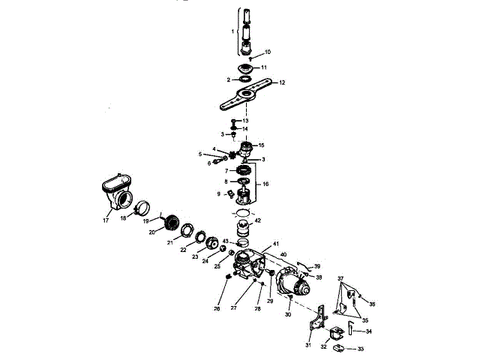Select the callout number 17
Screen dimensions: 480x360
(x=106, y=220)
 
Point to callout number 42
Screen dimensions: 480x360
(x=258, y=220)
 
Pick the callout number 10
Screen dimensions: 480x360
(x=267, y=52)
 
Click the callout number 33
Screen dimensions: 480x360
(x=361, y=349)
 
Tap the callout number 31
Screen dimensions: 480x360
(x=308, y=345)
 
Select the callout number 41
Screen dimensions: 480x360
(x=276, y=245)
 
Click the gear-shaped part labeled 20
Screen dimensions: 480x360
(x=172, y=222)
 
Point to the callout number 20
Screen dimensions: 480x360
(x=151, y=232)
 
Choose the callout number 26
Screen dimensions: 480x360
(x=217, y=308)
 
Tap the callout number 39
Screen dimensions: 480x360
(x=317, y=266)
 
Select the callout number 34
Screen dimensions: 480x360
(x=368, y=331)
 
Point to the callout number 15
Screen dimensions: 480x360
(x=261, y=145)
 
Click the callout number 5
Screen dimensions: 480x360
(x=200, y=154)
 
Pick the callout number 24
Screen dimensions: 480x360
(x=199, y=262)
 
